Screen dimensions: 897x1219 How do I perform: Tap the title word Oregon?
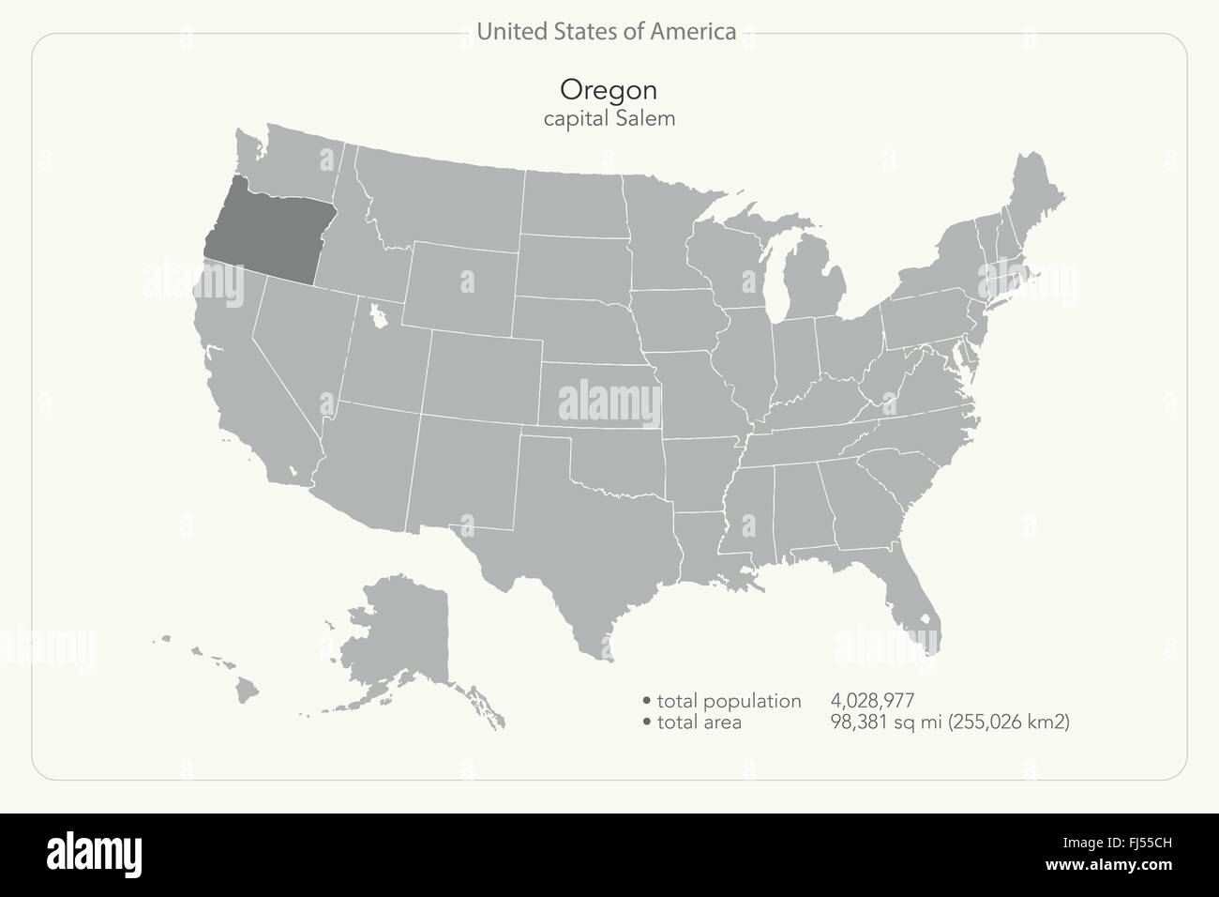[x=608, y=89]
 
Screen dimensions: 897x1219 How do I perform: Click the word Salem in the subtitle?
[x=645, y=119]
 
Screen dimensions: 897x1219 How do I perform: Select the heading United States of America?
[x=606, y=32]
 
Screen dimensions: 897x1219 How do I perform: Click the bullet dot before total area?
[x=647, y=722]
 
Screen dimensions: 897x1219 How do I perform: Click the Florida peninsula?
[x=910, y=591]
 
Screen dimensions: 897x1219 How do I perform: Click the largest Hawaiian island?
[x=247, y=690]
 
